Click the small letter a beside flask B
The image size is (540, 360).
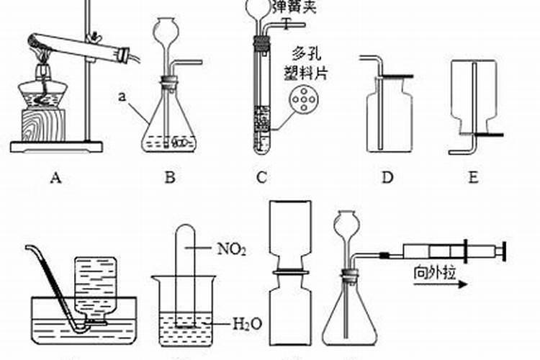(x=123, y=94)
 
